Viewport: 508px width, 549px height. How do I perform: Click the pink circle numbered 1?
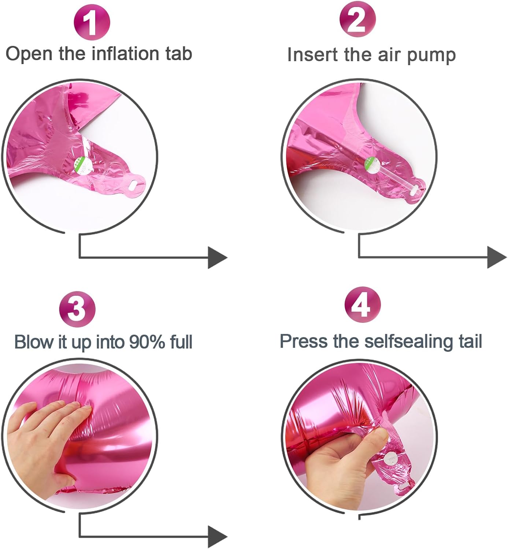click(92, 22)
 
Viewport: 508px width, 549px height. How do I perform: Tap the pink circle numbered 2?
click(357, 19)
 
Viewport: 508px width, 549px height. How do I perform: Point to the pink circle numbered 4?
click(363, 305)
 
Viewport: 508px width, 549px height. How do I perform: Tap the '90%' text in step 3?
click(147, 342)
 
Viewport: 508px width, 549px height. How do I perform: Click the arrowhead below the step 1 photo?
click(218, 258)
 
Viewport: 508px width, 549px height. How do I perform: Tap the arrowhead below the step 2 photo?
click(497, 257)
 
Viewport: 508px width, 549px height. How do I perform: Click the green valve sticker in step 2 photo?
click(372, 165)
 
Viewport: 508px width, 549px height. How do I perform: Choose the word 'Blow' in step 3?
click(33, 342)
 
